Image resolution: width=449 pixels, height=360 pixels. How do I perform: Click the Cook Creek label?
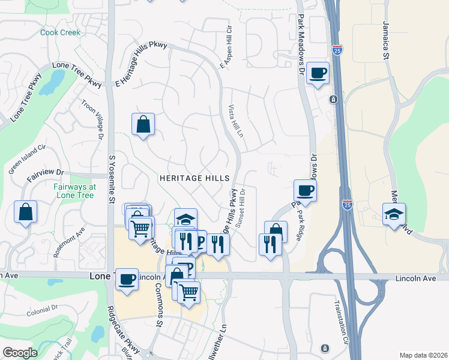point(60,32)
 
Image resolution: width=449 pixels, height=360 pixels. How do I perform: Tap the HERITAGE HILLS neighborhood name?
point(194,178)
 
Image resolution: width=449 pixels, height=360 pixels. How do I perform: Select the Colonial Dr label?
point(42,311)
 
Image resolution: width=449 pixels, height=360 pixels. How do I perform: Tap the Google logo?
point(20,353)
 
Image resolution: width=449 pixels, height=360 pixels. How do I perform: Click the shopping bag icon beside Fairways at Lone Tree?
point(26,212)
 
